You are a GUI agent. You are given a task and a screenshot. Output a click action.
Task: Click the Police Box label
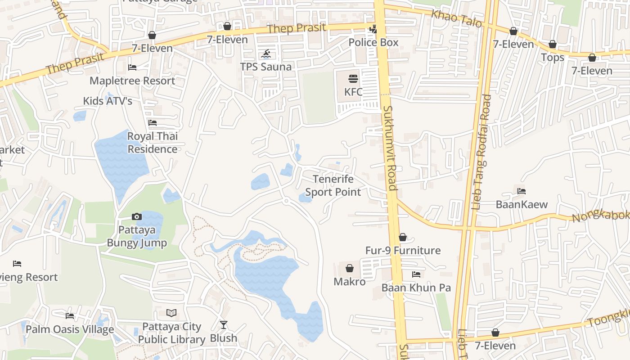tap(373, 42)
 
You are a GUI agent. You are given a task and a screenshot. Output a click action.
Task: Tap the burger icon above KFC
tap(353, 79)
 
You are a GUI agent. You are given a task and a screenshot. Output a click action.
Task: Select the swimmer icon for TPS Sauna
tap(266, 54)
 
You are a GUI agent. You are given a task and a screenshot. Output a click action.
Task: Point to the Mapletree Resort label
tap(132, 81)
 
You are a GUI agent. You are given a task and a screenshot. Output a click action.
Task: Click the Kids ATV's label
tap(108, 101)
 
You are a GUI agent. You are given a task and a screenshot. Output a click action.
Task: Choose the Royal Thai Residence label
tap(153, 143)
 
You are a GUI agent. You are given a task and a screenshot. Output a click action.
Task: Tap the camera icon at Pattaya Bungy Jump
tap(137, 217)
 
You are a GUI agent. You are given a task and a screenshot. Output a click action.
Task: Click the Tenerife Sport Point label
tap(333, 186)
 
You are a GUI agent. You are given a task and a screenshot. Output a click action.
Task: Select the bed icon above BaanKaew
tap(522, 191)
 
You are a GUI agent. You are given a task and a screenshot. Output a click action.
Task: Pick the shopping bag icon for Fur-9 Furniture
tap(403, 237)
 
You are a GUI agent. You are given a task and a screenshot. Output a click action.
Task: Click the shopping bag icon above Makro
tap(350, 269)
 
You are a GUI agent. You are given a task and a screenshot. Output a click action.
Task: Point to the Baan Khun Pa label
tap(416, 288)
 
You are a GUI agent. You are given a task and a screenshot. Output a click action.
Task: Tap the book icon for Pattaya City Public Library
tap(171, 313)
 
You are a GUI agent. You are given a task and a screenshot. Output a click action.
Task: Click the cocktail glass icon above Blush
tap(224, 324)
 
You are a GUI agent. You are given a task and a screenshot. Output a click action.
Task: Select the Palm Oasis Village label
tap(70, 329)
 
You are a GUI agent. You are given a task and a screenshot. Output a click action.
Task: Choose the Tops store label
tap(553, 58)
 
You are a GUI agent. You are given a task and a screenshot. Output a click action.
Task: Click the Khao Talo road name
tap(456, 18)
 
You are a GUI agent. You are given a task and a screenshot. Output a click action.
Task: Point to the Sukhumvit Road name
tap(390, 148)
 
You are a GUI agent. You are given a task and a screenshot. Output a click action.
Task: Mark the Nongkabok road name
tap(600, 216)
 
